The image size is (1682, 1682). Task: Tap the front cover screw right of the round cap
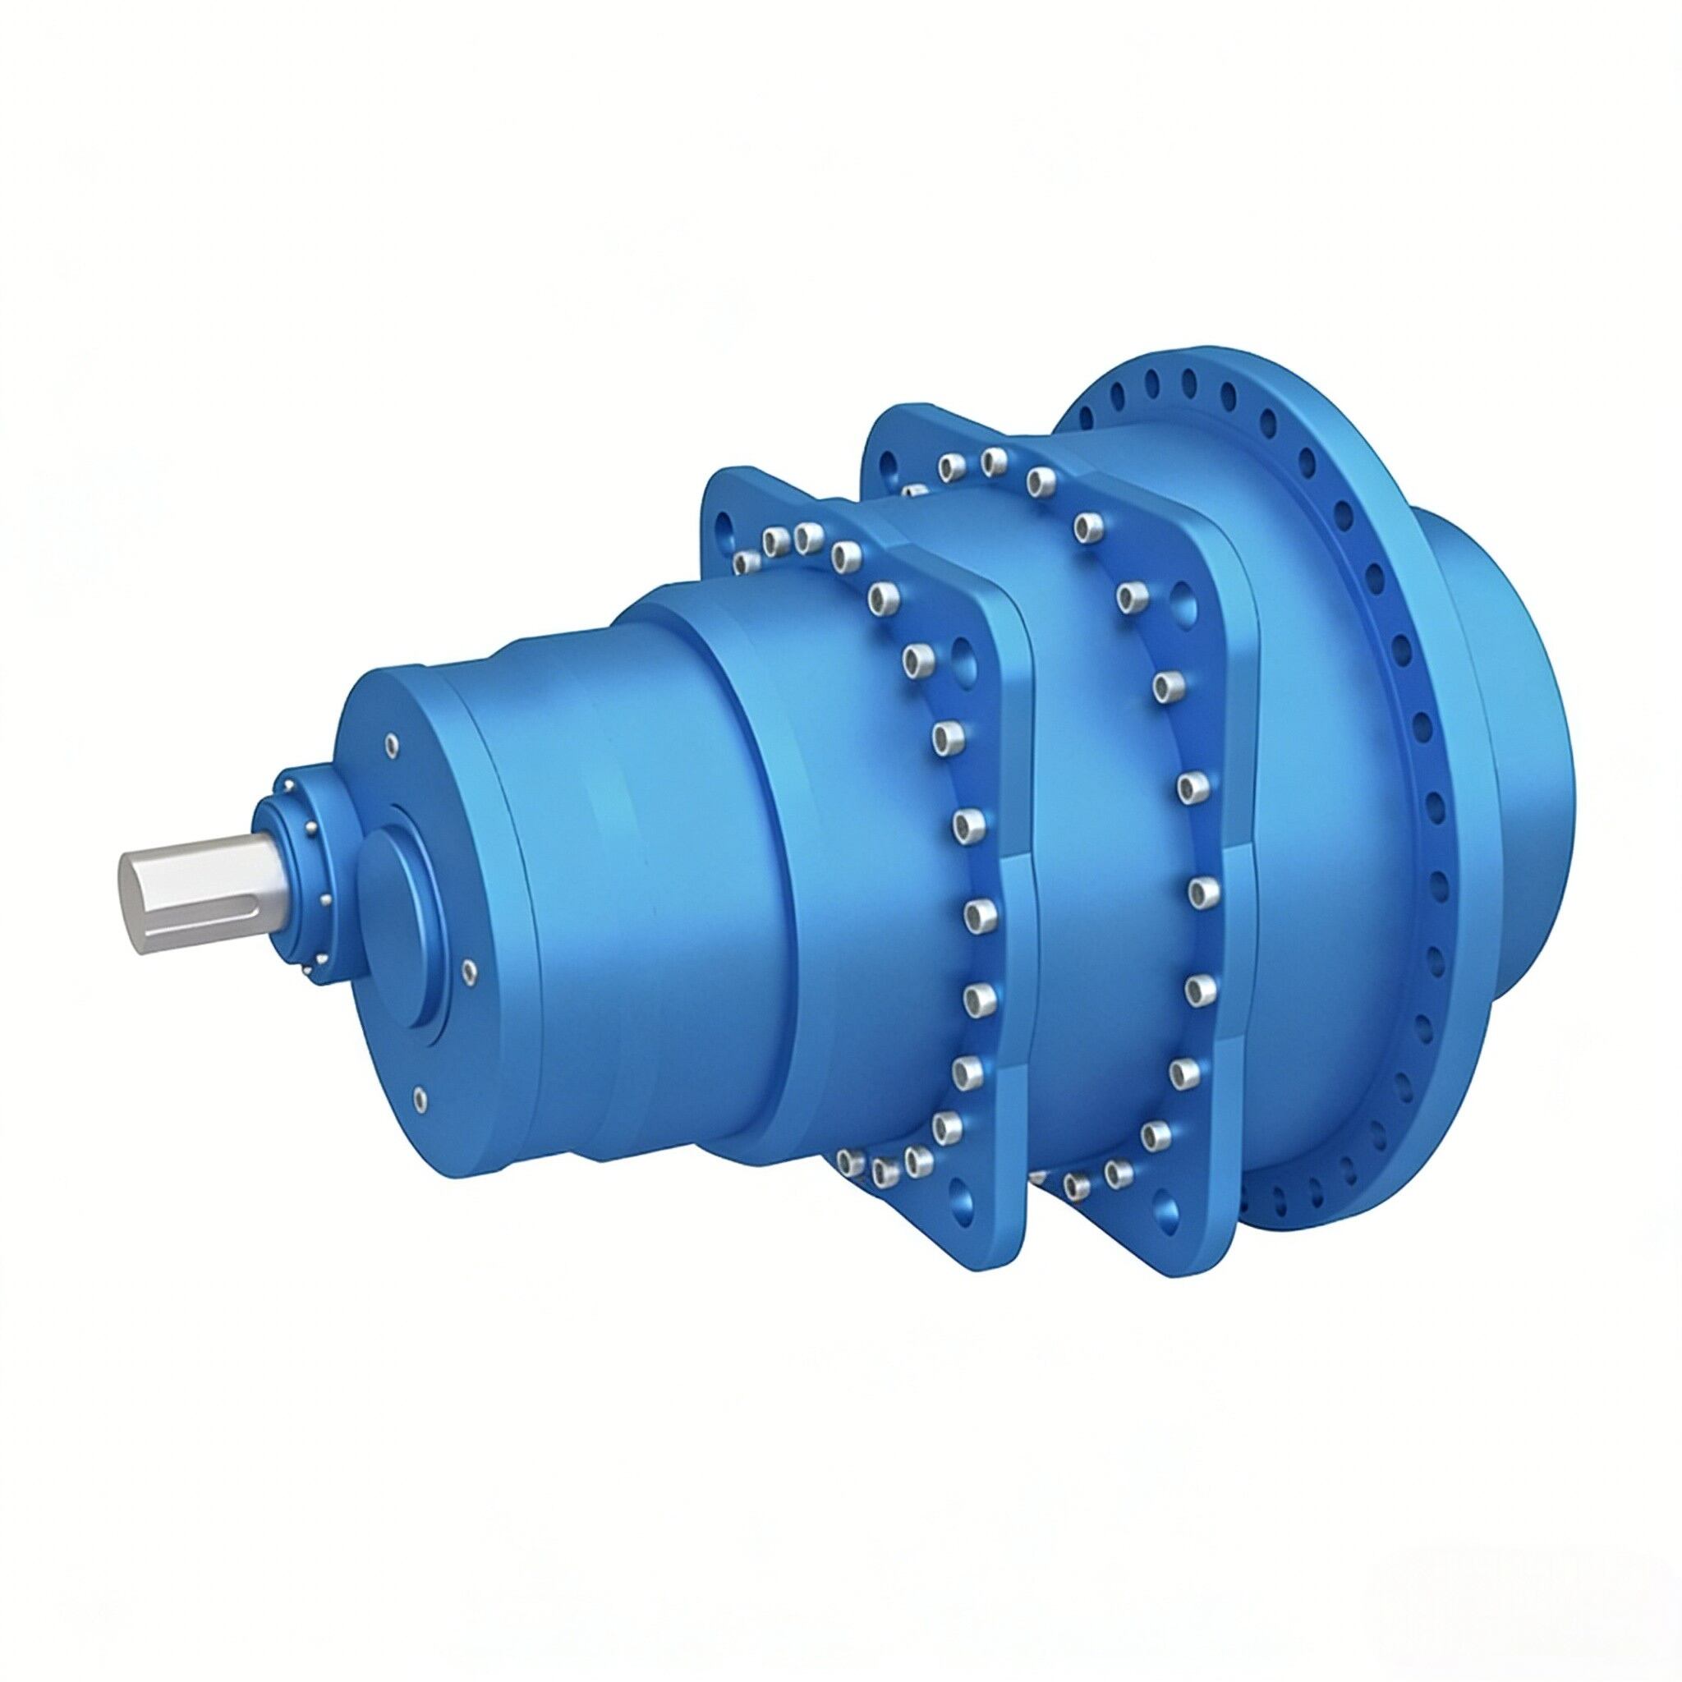470,972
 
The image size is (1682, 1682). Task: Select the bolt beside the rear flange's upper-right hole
1133,596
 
